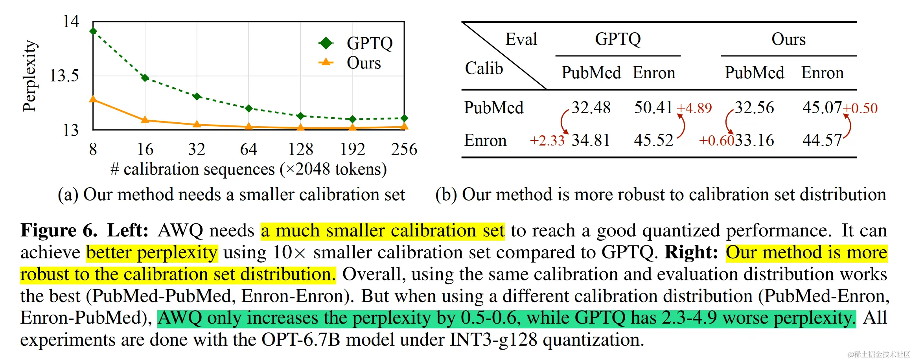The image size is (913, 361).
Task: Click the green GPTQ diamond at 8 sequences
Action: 93,31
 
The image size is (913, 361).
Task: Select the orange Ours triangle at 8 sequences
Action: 93,99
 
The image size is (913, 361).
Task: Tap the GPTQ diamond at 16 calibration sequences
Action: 145,78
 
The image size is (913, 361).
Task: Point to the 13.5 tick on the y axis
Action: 64,76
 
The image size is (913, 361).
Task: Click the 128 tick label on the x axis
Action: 300,149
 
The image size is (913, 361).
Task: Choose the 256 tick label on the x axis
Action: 404,149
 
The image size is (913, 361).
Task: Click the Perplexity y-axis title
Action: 29,76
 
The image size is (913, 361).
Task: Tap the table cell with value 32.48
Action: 591,107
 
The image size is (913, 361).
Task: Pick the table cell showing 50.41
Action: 653,107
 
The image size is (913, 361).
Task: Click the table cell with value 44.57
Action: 822,140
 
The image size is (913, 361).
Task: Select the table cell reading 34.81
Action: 591,140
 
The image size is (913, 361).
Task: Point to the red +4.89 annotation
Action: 694,108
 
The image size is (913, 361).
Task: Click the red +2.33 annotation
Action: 547,140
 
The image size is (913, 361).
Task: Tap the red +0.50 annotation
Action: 860,108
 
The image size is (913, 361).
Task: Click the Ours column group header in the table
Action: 788,39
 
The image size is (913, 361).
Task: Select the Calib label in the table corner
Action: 484,68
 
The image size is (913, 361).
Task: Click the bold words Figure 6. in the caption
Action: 59,230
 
